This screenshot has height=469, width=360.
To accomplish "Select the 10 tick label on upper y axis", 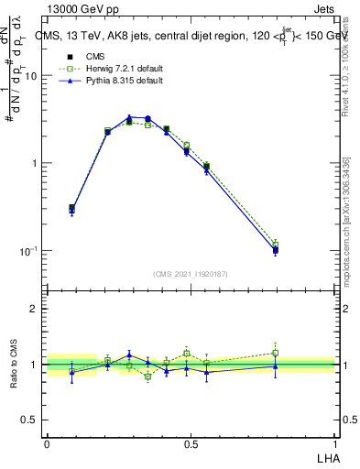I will (x=30, y=76).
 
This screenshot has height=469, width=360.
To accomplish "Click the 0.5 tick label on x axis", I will (x=190, y=444).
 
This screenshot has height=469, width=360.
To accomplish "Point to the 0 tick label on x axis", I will (x=46, y=444).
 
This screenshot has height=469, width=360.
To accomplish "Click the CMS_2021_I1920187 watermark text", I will (x=190, y=273).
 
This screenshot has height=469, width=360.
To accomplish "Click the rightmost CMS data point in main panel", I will (x=275, y=249).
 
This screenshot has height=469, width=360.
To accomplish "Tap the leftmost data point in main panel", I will (x=72, y=209).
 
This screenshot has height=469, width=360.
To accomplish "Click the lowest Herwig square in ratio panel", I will (x=147, y=376).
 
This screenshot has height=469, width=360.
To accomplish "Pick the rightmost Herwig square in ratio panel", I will (x=275, y=353).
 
